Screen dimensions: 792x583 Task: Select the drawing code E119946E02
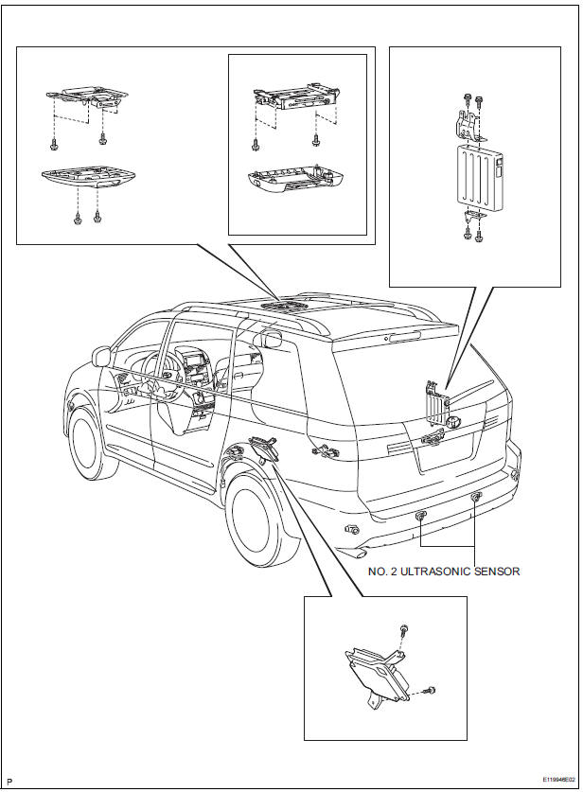(552, 781)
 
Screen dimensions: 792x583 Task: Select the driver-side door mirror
(101, 357)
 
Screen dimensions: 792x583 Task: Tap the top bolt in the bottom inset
(404, 629)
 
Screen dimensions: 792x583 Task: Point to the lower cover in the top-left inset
(85, 180)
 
